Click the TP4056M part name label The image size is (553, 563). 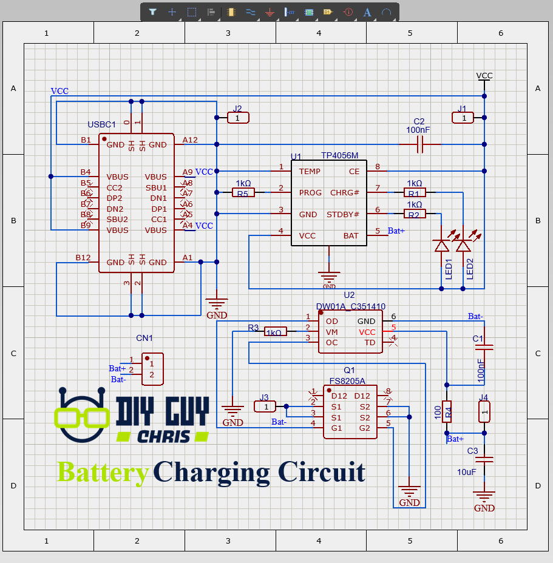pyautogui.click(x=340, y=156)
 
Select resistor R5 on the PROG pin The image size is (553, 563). pyautogui.click(x=243, y=193)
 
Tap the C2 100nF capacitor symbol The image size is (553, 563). pyautogui.click(x=419, y=144)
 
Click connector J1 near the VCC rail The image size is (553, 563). pyautogui.click(x=464, y=118)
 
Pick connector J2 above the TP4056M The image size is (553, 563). pyautogui.click(x=238, y=118)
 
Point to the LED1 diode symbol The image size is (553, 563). pyautogui.click(x=441, y=246)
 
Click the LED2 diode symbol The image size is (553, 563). pyautogui.click(x=463, y=246)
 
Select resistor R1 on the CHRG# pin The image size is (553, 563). pyautogui.click(x=415, y=193)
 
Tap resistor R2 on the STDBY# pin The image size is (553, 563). pyautogui.click(x=415, y=214)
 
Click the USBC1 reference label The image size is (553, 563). pyautogui.click(x=101, y=124)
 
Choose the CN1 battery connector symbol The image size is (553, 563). pyautogui.click(x=152, y=369)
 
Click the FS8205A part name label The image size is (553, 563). pyautogui.click(x=347, y=381)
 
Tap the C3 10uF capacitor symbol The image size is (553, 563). pyautogui.click(x=484, y=460)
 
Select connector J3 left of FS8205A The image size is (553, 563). pyautogui.click(x=265, y=406)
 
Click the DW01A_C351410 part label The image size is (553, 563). pyautogui.click(x=351, y=306)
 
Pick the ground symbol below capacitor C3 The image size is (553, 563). pyautogui.click(x=484, y=496)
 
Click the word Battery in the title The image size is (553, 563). pyautogui.click(x=103, y=472)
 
